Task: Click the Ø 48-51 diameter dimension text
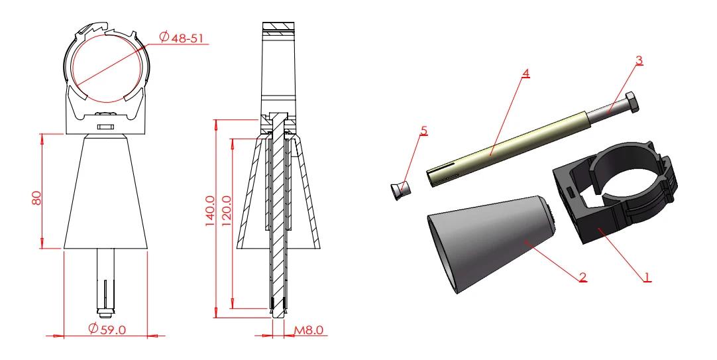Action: (182, 37)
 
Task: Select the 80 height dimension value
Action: (36, 198)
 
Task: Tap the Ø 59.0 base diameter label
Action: (107, 328)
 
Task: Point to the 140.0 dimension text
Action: (210, 211)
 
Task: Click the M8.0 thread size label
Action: (308, 330)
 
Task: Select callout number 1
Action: (647, 276)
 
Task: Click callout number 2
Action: (582, 276)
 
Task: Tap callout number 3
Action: (639, 60)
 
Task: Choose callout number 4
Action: (526, 73)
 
